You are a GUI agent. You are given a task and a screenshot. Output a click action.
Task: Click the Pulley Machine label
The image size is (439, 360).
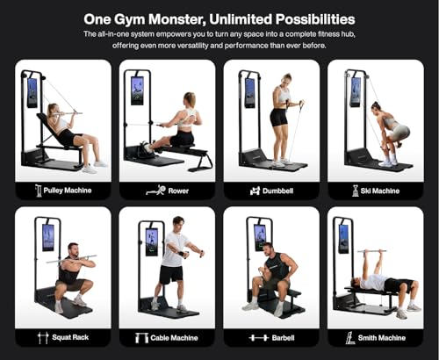(x=69, y=189)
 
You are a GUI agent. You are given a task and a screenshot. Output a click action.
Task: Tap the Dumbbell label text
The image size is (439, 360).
(x=281, y=189)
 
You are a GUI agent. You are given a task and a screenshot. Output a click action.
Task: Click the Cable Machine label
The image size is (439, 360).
(x=176, y=336)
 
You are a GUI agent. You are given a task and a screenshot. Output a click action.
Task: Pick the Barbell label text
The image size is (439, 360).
(x=281, y=336)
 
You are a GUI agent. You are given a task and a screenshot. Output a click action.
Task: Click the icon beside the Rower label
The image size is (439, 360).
(x=155, y=189)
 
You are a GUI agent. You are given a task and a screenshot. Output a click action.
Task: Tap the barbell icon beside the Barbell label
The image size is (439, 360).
(x=259, y=336)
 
